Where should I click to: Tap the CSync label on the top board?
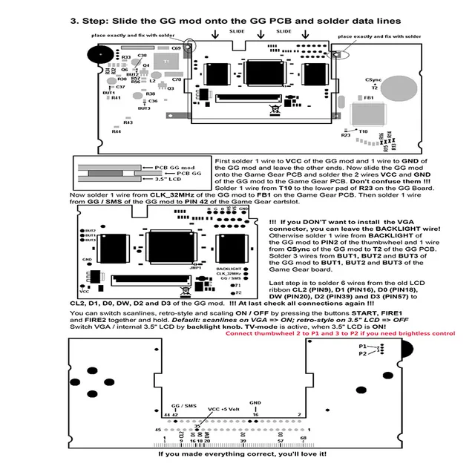[x=373, y=79]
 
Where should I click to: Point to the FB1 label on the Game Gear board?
[x=369, y=98]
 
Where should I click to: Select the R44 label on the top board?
[x=117, y=132]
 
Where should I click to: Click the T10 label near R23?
[x=363, y=131]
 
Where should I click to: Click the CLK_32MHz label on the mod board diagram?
[x=229, y=274]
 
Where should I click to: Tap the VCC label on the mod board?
[x=85, y=283]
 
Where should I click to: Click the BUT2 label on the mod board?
[x=91, y=240]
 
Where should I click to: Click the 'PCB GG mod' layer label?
[x=175, y=167]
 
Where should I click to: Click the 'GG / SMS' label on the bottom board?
[x=183, y=407]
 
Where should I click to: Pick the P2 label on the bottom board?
[x=362, y=354]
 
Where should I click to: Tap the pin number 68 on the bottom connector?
[x=304, y=439]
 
